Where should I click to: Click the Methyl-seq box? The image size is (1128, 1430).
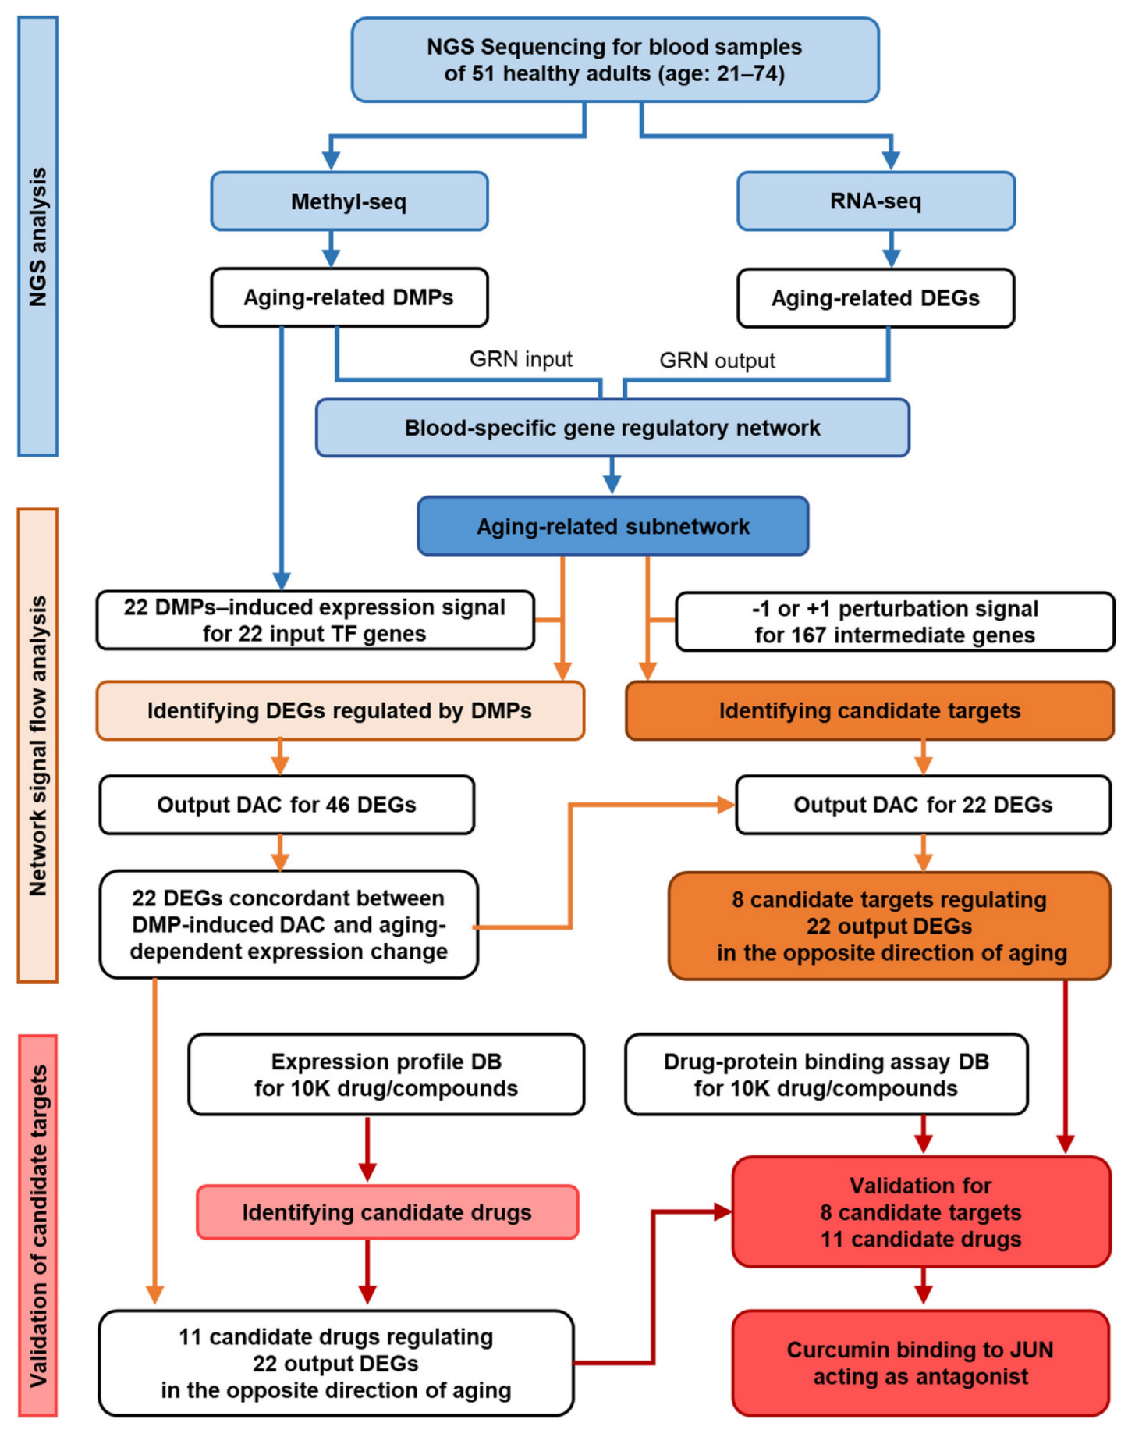349,201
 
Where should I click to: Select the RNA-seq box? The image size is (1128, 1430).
875,201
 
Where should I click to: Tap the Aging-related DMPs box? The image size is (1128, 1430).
349,297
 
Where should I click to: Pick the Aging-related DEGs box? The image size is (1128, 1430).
875,298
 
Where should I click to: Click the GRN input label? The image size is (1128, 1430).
520,359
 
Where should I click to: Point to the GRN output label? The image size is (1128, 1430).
717,361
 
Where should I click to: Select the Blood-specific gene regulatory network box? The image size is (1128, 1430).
612,428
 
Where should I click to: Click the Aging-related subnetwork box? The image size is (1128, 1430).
612,526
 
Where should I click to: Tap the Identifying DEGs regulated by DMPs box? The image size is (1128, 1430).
339,710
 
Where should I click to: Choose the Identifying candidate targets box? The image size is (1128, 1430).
869,710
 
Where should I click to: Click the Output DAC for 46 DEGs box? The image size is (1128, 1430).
286,805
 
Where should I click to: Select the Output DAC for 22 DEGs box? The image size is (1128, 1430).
923,805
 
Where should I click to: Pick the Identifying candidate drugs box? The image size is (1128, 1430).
387,1212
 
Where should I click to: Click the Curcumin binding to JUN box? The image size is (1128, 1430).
920,1363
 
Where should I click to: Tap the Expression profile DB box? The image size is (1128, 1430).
386,1075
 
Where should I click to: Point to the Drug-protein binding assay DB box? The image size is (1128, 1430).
826,1075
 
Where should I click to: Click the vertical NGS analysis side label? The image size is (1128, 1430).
37,237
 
